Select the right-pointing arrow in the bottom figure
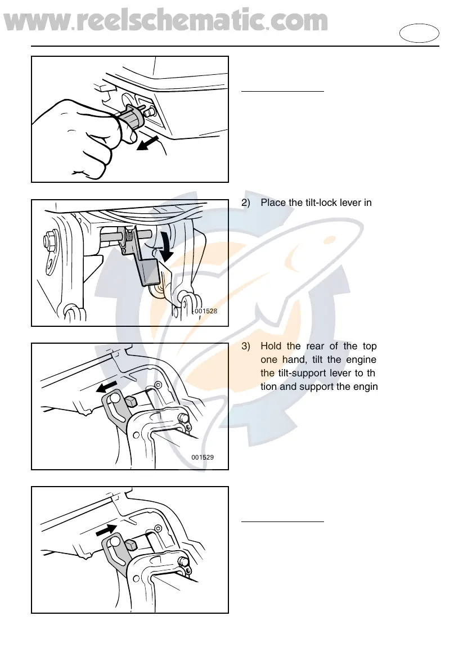[x=106, y=530]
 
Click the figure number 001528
[x=206, y=310]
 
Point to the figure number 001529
[x=203, y=457]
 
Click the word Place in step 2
[x=272, y=203]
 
